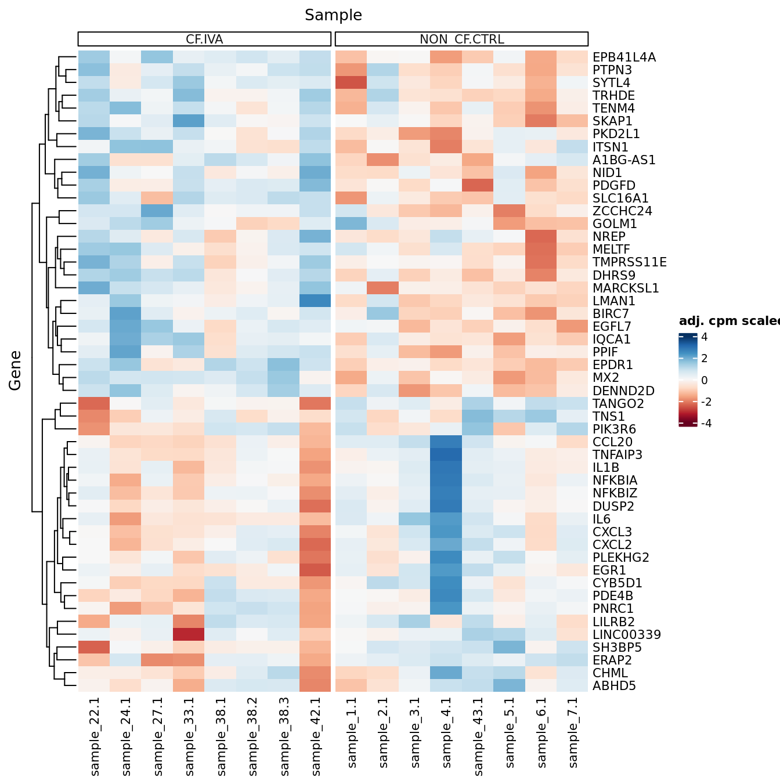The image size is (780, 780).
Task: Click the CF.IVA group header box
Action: click(204, 39)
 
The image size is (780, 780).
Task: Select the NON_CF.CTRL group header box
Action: click(461, 39)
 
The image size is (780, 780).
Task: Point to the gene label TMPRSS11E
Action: click(629, 262)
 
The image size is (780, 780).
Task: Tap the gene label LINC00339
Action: click(626, 635)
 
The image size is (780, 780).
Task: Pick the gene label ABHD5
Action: click(614, 686)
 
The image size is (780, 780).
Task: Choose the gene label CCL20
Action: click(612, 442)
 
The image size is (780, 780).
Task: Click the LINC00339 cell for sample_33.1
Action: click(189, 634)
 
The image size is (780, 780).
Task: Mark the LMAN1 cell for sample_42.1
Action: click(316, 301)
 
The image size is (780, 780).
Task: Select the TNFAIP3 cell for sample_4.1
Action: click(446, 454)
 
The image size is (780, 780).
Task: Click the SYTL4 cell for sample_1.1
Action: click(351, 83)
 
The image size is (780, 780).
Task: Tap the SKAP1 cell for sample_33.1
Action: click(189, 121)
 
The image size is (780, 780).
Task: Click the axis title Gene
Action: click(15, 370)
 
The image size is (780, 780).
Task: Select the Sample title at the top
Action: click(333, 15)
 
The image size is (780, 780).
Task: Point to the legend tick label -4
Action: click(706, 424)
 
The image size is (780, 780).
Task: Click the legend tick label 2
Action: click(705, 359)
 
